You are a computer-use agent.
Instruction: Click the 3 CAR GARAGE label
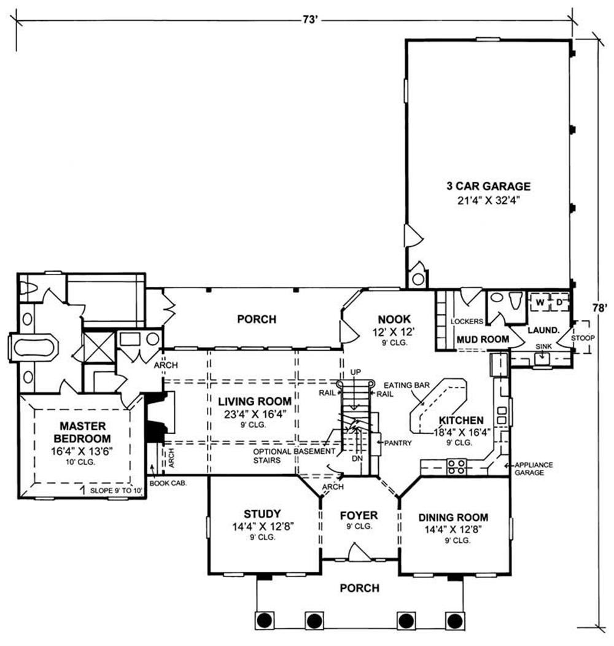(x=488, y=186)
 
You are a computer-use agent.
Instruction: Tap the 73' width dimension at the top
(x=309, y=20)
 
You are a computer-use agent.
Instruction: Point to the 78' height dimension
(x=600, y=308)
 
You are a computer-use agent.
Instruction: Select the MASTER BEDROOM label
(x=82, y=432)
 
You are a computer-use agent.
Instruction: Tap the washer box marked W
(x=540, y=302)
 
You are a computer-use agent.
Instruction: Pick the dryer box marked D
(x=559, y=302)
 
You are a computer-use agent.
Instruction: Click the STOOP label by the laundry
(x=583, y=338)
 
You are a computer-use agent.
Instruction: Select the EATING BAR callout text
(x=406, y=386)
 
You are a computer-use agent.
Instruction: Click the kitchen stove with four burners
(x=457, y=467)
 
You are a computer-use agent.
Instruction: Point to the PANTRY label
(x=398, y=443)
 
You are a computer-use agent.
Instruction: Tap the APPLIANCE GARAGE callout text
(x=534, y=469)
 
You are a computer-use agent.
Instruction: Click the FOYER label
(x=359, y=515)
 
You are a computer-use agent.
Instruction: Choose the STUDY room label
(x=262, y=514)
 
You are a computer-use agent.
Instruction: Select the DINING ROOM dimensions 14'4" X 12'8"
(x=453, y=529)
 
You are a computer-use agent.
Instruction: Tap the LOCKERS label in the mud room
(x=467, y=321)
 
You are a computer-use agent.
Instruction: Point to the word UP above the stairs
(x=356, y=373)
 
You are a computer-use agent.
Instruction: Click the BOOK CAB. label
(x=168, y=483)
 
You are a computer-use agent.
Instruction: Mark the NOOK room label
(x=394, y=319)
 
